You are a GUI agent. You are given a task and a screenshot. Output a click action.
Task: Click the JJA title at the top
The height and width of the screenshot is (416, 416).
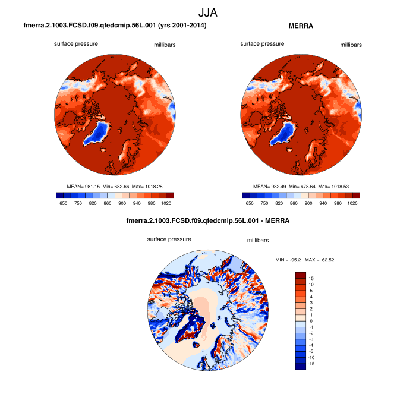[x=208, y=12]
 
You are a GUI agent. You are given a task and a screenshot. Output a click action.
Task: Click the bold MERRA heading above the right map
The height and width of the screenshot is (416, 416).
[x=301, y=26]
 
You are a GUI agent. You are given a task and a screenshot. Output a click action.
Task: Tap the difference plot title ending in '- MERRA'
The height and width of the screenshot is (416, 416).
[x=208, y=221]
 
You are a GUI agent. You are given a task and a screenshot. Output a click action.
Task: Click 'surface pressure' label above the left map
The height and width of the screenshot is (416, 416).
[x=76, y=44]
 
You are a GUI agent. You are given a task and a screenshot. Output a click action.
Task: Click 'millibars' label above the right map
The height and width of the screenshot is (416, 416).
[x=351, y=45]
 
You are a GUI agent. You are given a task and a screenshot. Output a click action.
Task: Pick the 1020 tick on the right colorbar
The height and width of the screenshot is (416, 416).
[x=352, y=203]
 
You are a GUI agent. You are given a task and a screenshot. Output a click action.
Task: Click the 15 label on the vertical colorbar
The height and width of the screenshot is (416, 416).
[x=311, y=278]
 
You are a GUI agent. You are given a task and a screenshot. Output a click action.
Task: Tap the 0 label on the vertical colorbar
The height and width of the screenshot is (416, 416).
[x=311, y=321]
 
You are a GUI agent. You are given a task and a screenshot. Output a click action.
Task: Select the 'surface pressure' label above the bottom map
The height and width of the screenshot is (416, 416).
[x=169, y=239]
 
